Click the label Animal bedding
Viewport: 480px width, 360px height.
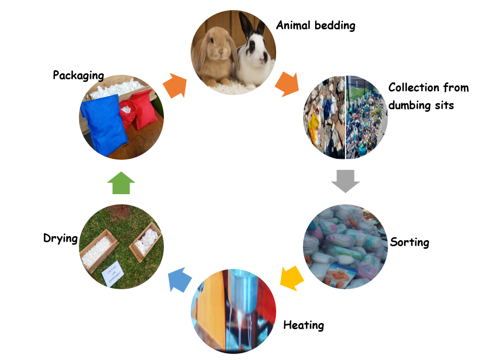316,25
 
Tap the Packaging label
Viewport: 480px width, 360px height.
78,75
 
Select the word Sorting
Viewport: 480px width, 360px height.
409,242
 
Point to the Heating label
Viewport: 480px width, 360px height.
303,325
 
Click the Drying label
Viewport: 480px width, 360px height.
60,238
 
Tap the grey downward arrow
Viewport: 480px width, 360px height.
345,181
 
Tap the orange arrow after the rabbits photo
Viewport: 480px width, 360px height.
286,84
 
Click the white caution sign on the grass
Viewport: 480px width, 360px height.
112,274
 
